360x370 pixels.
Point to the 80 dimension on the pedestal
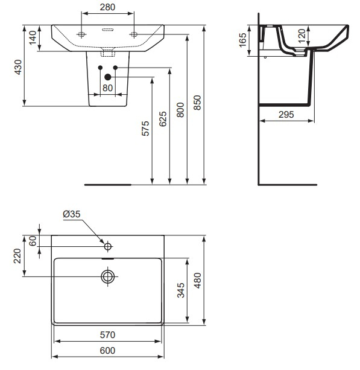coord(108,88)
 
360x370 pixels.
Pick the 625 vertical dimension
coord(163,121)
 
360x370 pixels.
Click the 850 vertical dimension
coord(197,101)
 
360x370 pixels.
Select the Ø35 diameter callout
coord(71,214)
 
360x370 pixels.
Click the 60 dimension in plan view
coord(33,240)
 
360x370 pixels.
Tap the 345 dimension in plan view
coord(181,293)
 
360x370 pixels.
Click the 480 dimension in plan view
coord(198,279)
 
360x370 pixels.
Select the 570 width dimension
coord(107,334)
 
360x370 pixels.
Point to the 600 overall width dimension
coord(107,351)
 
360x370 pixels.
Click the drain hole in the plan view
coord(108,276)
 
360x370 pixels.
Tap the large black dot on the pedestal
coord(109,77)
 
